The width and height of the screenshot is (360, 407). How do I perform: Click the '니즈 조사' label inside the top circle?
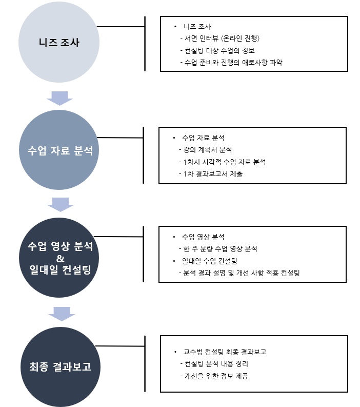click(59, 43)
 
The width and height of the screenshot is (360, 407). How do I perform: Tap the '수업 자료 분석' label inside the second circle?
click(60, 150)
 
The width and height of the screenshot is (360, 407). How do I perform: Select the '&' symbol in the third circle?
click(60, 259)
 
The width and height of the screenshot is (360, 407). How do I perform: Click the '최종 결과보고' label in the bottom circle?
click(60, 366)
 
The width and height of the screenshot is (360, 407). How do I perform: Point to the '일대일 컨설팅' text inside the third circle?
click(60, 269)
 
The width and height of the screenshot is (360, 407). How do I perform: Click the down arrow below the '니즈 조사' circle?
click(59, 99)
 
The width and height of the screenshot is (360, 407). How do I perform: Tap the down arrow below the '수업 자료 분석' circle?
click(61, 205)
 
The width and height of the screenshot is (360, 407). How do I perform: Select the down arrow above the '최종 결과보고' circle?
click(62, 314)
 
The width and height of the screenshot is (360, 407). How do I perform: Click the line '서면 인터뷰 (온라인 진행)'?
click(220, 38)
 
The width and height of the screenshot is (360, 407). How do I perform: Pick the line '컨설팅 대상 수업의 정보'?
click(217, 50)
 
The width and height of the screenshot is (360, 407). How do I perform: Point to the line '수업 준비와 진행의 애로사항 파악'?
click(231, 62)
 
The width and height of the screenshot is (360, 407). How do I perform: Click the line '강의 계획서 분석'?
click(205, 150)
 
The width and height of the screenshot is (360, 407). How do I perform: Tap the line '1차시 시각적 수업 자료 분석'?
click(222, 162)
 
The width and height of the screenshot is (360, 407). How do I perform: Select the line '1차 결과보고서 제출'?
click(211, 174)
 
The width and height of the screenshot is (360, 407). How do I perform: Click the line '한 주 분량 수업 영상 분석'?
click(218, 248)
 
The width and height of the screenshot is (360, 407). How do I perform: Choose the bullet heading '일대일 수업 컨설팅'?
click(210, 261)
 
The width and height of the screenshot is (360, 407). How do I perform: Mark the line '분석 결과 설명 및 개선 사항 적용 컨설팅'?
click(239, 273)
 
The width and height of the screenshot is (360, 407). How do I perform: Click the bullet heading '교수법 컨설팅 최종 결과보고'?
click(225, 352)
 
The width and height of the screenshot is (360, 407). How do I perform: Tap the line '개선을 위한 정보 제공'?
click(214, 376)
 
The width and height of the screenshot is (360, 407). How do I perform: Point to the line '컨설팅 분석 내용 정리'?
click(214, 364)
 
